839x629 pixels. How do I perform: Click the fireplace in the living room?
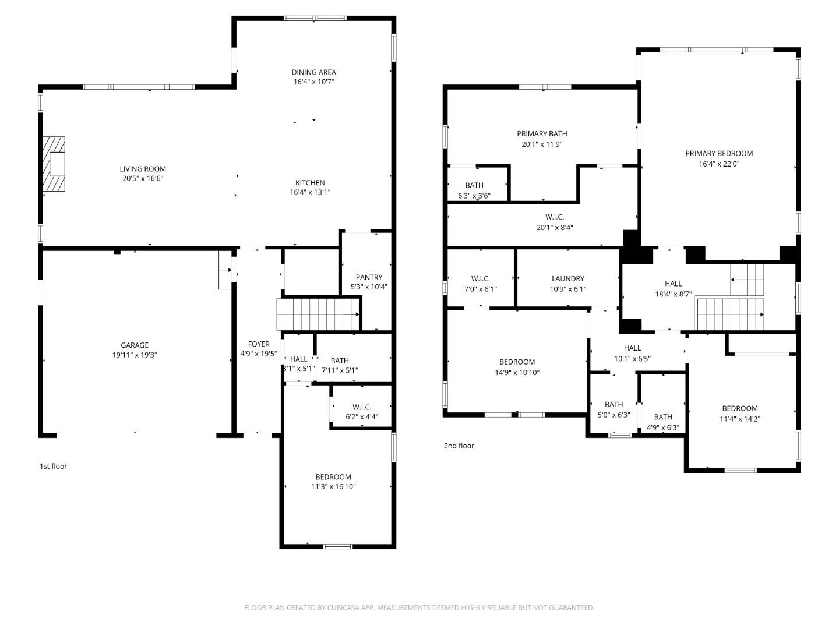pos(54,164)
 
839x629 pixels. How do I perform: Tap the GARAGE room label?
pos(135,345)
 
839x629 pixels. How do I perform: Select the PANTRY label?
pos(369,277)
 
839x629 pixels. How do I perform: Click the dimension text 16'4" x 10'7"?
pos(314,82)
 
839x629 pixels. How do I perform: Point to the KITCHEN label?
pos(310,182)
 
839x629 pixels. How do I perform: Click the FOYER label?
pos(259,344)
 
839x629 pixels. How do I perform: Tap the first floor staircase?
pos(318,314)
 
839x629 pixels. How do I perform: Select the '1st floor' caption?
pos(53,467)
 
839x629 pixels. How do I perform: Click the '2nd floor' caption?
pos(459,446)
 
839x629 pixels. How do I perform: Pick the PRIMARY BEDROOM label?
pos(719,154)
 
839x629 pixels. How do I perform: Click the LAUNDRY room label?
pos(568,279)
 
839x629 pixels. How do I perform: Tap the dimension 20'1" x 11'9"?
pos(542,144)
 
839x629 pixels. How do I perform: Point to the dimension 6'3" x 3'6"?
pos(474,196)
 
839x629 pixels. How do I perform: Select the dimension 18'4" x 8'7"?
pos(673,295)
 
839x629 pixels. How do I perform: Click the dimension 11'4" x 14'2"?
pos(740,419)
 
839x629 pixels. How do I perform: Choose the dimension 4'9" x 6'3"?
pos(663,427)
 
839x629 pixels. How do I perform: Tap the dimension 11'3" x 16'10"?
pos(333,486)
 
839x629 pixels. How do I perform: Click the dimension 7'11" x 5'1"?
pos(340,370)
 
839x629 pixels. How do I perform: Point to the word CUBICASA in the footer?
pos(343,607)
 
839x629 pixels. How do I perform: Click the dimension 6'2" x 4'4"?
pos(362,416)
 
